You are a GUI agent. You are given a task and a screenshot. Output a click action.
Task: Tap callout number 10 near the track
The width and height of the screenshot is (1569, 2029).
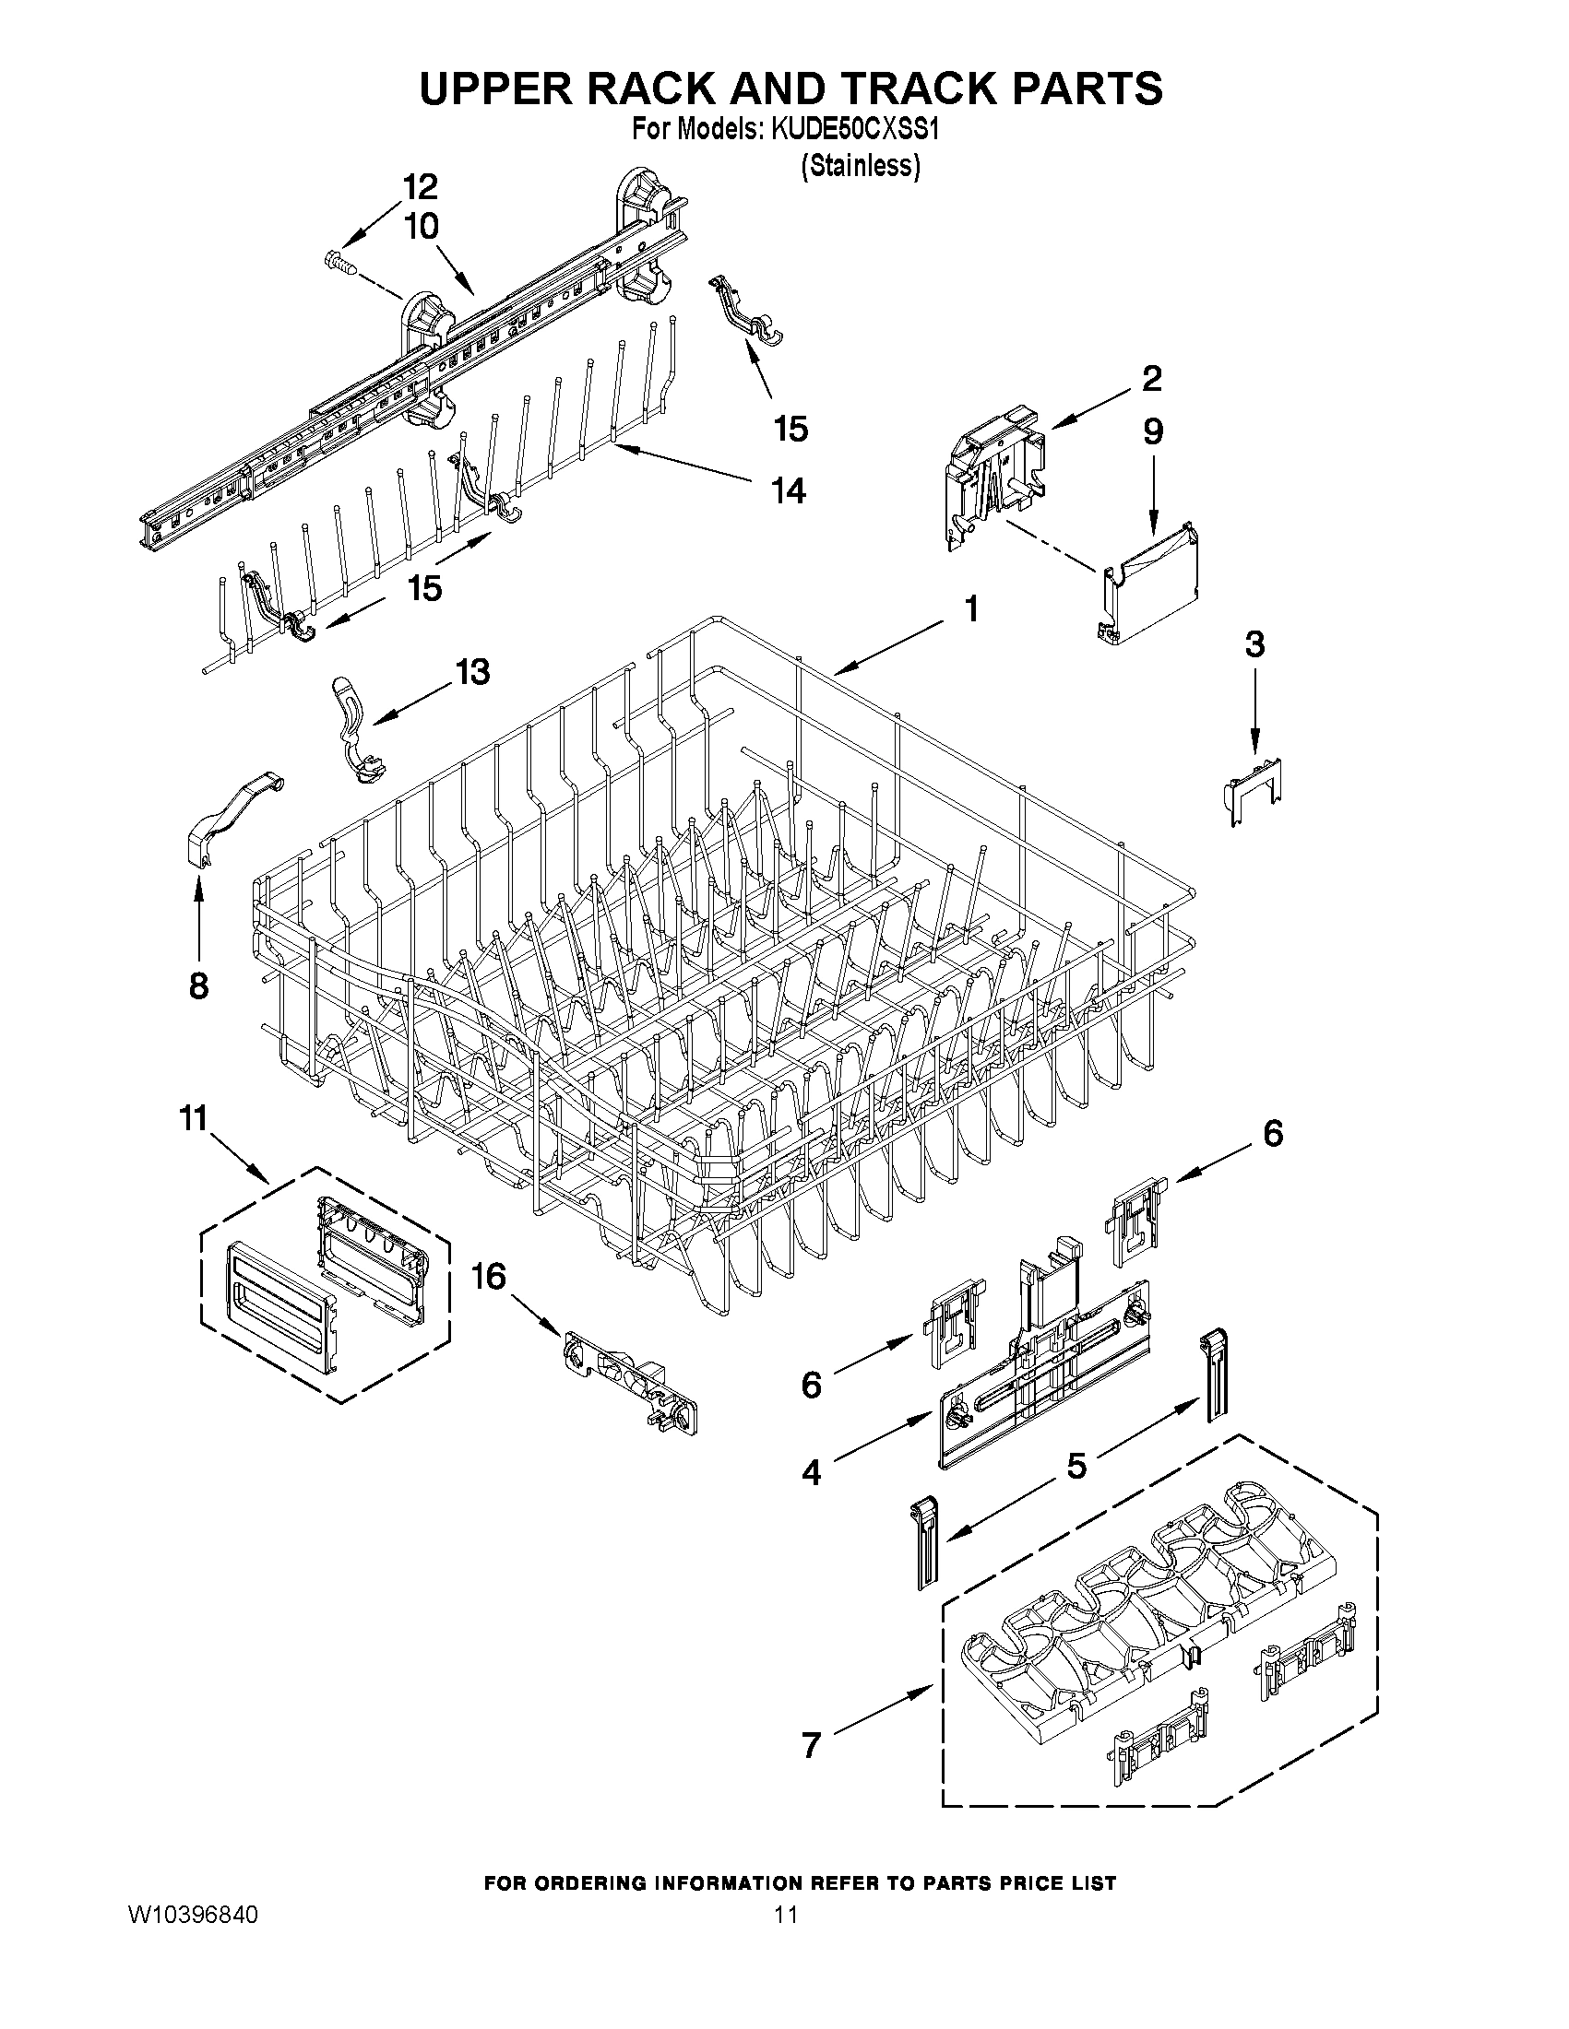click(x=421, y=228)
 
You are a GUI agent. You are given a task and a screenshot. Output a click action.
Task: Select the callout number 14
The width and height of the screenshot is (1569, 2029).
click(x=788, y=490)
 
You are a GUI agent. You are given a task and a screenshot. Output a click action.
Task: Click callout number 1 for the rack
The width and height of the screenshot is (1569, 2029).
click(x=970, y=609)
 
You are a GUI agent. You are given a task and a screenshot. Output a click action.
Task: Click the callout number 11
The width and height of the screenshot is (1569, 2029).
click(x=194, y=1119)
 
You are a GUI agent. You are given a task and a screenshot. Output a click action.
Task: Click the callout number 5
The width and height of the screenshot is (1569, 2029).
click(x=1076, y=1466)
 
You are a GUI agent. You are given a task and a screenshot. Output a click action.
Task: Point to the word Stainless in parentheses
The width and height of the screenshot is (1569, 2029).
click(x=861, y=165)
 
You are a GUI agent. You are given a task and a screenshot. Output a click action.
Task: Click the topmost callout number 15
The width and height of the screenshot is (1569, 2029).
click(x=790, y=430)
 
